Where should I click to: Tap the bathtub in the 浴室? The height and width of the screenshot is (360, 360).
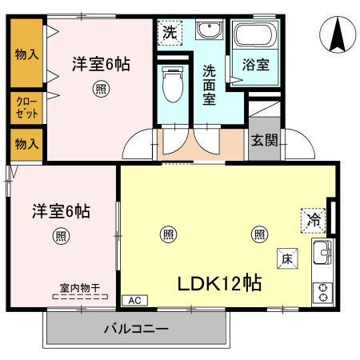[x=254, y=35]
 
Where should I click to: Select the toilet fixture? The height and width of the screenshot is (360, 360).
[x=172, y=86]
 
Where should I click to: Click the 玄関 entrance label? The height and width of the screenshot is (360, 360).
[x=264, y=141]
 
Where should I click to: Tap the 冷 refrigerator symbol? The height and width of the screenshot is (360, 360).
[x=313, y=218]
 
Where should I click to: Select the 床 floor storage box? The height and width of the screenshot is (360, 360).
[x=287, y=258]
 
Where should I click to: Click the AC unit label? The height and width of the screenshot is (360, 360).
[x=134, y=300]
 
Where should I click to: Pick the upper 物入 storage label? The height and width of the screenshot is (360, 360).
[x=26, y=54]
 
